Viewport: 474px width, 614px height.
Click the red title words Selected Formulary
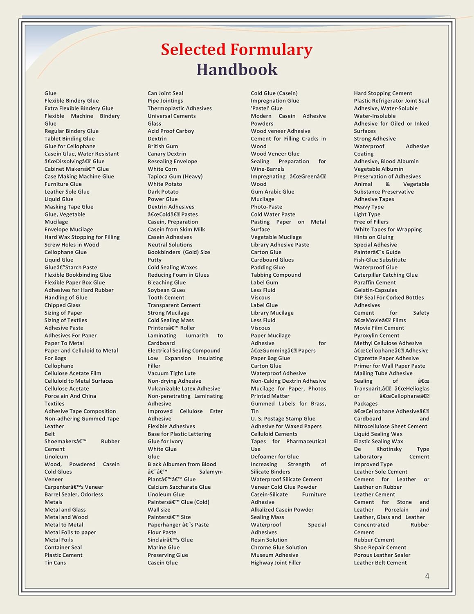[x=236, y=50]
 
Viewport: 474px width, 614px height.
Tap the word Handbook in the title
[x=237, y=70]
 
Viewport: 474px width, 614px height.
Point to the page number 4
[x=427, y=576]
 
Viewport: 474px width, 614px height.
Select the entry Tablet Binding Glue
[x=70, y=139]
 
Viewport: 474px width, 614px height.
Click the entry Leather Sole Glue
[x=67, y=192]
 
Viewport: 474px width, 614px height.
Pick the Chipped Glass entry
[x=63, y=305]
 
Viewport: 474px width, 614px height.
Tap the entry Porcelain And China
[x=70, y=396]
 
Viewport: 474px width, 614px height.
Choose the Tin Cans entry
[x=55, y=563]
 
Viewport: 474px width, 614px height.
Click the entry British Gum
[x=163, y=146]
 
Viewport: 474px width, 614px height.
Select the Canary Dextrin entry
[x=167, y=154]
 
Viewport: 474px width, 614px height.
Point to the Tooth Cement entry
[x=166, y=298]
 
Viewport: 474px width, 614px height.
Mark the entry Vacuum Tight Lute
[x=171, y=373]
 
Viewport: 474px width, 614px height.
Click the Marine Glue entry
[x=164, y=548]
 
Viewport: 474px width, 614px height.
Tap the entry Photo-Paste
[x=266, y=207]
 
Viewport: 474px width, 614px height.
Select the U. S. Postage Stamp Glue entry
[x=283, y=419]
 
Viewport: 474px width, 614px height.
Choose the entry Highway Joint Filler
[x=276, y=563]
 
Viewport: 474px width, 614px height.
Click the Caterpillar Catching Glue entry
[x=386, y=275]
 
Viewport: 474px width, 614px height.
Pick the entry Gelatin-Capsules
[x=375, y=290]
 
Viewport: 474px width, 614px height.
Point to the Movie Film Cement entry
[x=379, y=328]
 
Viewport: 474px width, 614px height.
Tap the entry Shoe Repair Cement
[x=380, y=548]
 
